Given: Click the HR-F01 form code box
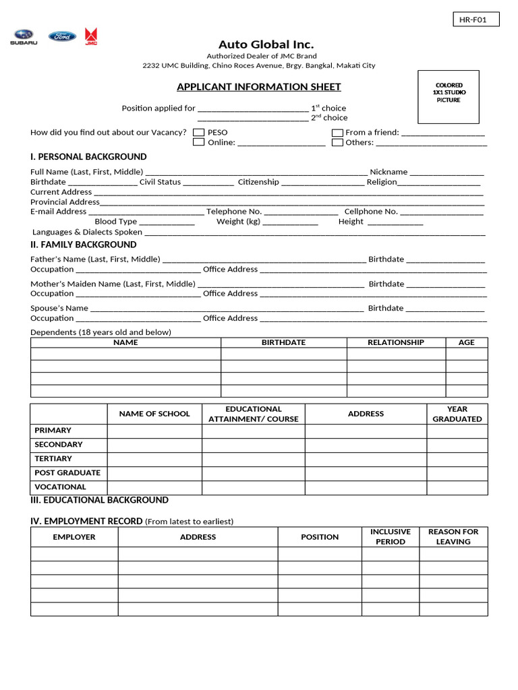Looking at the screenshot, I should tap(476, 20).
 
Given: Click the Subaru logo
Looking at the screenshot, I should tap(24, 37).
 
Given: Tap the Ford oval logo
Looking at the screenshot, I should tap(62, 36).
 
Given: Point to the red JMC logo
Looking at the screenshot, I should tap(90, 36).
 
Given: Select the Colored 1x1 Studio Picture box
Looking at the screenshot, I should tap(449, 96).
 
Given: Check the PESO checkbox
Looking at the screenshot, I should tap(199, 133).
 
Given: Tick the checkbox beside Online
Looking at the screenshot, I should tap(199, 142).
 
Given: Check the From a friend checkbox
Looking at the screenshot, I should tap(337, 133).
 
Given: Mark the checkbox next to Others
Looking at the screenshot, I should tap(337, 142).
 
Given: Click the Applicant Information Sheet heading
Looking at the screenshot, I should tap(258, 87).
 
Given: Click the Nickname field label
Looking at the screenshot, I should tap(388, 172).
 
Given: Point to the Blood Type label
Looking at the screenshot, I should tap(116, 221).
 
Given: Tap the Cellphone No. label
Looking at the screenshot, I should tap(371, 212).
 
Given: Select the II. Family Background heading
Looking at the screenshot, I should tap(84, 245).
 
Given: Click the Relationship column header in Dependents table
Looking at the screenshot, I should tap(396, 342).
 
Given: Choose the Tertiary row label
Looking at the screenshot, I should tap(53, 459).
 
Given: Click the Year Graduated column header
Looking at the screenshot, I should tap(457, 414).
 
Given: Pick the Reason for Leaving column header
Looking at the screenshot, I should tap(453, 536).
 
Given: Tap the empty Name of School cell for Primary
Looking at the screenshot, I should tap(154, 431).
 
